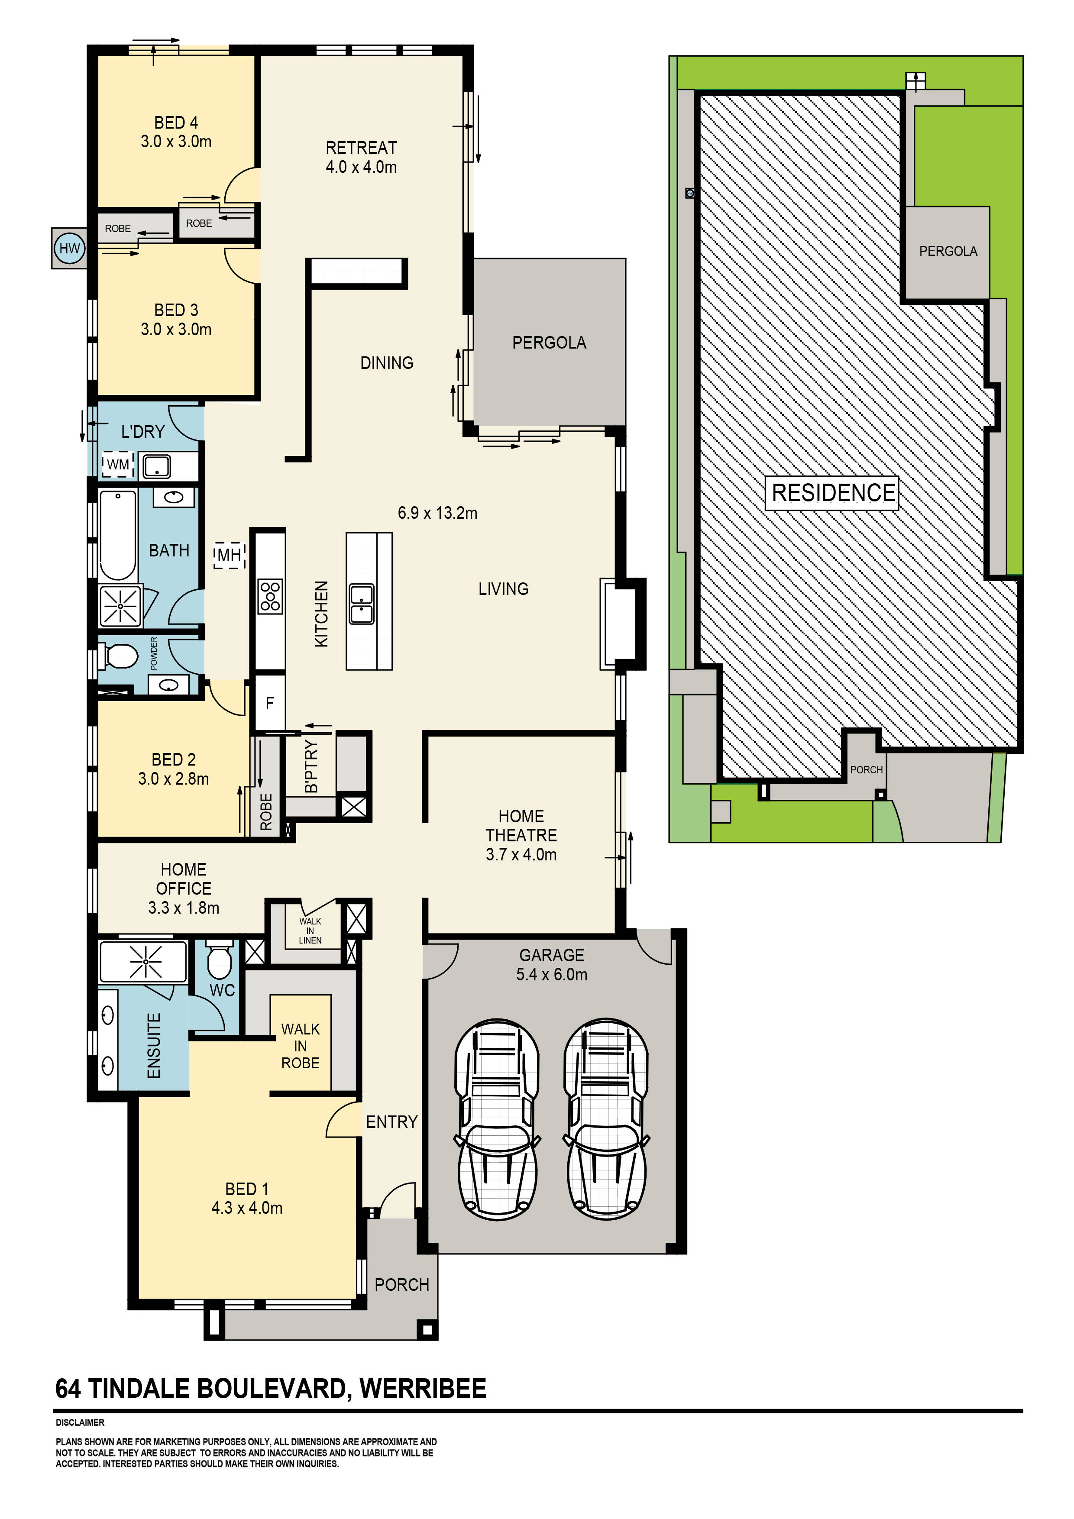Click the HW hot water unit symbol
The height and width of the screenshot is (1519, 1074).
(69, 248)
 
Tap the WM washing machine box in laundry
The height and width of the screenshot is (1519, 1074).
(118, 465)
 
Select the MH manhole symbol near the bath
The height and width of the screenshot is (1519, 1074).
(229, 555)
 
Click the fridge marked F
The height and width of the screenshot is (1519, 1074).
(270, 703)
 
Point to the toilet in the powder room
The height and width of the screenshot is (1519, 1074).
(120, 657)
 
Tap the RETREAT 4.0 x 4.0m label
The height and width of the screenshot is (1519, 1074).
(361, 157)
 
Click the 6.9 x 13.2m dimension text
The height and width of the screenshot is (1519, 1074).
(437, 513)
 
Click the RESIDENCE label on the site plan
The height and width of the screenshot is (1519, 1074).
(832, 493)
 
